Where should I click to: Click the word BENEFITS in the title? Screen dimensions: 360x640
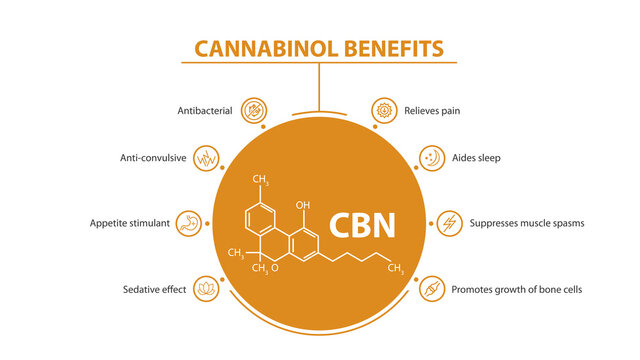coord(393,48)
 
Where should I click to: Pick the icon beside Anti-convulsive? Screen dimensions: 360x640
coord(207,158)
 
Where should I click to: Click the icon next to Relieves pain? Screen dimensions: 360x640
coord(384,110)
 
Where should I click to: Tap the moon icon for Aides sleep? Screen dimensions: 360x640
coord(433,158)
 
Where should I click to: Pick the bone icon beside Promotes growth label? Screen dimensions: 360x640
coord(432,288)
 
